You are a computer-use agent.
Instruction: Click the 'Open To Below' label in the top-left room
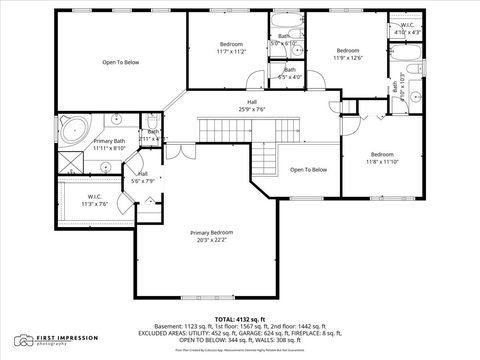(x=121, y=62)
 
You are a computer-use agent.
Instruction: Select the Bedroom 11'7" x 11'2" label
(x=231, y=49)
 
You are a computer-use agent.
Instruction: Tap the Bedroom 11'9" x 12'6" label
(x=347, y=54)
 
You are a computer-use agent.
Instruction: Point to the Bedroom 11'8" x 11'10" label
(x=381, y=158)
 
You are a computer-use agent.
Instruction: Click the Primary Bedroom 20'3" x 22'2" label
(x=210, y=236)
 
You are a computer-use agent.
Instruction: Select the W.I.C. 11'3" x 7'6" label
(x=95, y=200)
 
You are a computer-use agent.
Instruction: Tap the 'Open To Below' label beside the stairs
(x=308, y=170)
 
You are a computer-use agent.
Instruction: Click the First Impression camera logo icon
(x=22, y=339)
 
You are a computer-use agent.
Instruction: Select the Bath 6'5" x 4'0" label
(x=289, y=73)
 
